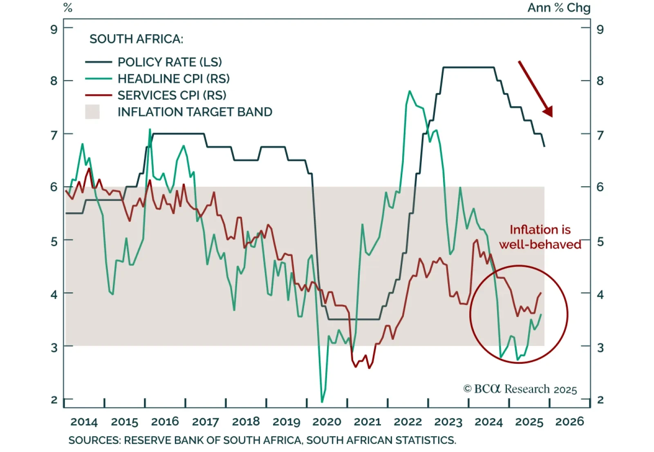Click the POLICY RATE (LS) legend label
pyautogui.click(x=170, y=62)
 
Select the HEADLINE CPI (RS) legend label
pyautogui.click(x=173, y=78)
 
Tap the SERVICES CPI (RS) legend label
pyautogui.click(x=172, y=95)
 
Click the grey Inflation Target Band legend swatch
pyautogui.click(x=92, y=112)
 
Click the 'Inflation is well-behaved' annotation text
pyautogui.click(x=540, y=237)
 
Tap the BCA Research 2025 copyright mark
pyautogui.click(x=520, y=389)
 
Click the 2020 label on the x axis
pyautogui.click(x=327, y=422)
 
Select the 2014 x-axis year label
pyautogui.click(x=84, y=422)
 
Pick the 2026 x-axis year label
pyautogui.click(x=569, y=422)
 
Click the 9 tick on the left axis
pyautogui.click(x=54, y=29)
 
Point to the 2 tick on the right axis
pyautogui.click(x=600, y=400)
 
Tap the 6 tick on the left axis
pyautogui.click(x=54, y=187)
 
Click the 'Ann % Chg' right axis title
pyautogui.click(x=559, y=8)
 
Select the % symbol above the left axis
pyautogui.click(x=68, y=8)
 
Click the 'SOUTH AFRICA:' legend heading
pyautogui.click(x=136, y=39)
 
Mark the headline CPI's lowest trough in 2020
pyautogui.click(x=322, y=402)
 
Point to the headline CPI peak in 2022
pyautogui.click(x=410, y=91)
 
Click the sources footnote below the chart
pyautogui.click(x=262, y=441)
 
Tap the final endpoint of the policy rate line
pyautogui.click(x=544, y=146)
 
